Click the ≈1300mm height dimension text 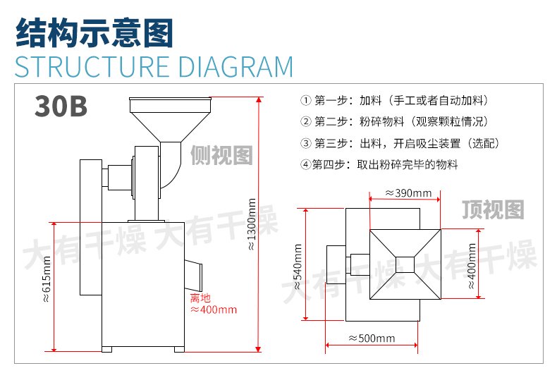click(x=252, y=224)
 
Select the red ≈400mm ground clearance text click(x=214, y=309)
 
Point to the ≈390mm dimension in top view click(x=408, y=192)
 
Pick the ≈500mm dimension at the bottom click(x=371, y=338)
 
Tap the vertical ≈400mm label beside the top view click(x=472, y=264)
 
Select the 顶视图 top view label click(x=494, y=209)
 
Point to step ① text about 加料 click(x=396, y=100)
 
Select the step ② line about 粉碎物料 click(x=396, y=121)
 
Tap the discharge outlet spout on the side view click(x=193, y=267)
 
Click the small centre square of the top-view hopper click(x=405, y=264)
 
